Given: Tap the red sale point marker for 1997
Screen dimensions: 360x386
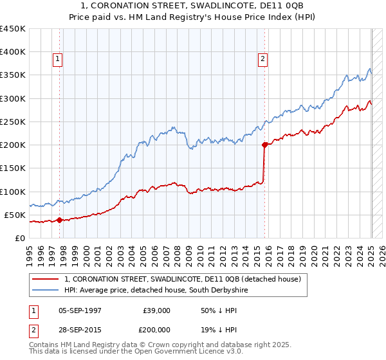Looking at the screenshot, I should click(x=59, y=220).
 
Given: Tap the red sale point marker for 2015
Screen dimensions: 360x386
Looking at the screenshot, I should click(x=264, y=145).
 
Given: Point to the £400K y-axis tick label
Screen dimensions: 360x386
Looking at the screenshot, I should click(x=12, y=52).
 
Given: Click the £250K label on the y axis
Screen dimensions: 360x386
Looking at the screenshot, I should click(x=12, y=122).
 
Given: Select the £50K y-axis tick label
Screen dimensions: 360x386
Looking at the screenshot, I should click(x=15, y=215).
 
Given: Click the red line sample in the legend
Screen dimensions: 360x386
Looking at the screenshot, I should click(x=46, y=280).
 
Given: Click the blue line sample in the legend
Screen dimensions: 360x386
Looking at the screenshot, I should click(x=46, y=291).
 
